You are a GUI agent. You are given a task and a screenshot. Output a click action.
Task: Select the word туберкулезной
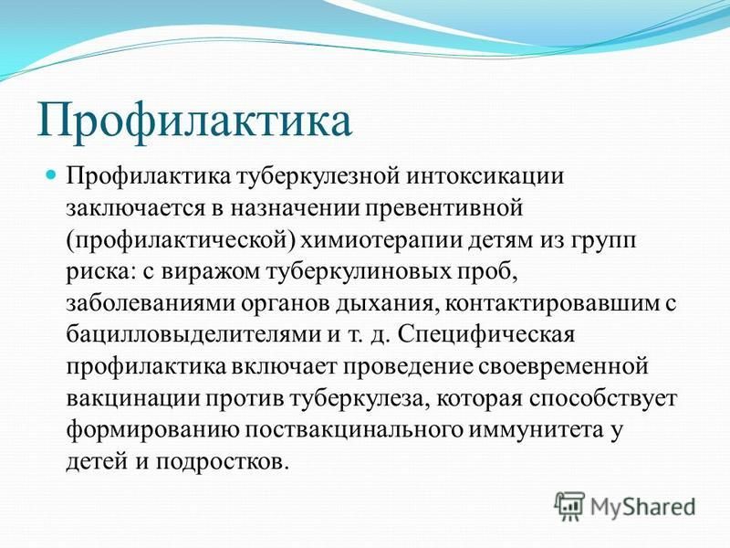coord(318,176)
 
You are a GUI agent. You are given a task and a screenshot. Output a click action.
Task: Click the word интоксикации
coord(485,177)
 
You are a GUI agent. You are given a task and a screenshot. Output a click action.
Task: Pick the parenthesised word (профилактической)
coord(181,241)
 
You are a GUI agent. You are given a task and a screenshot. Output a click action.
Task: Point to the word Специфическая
coord(486,336)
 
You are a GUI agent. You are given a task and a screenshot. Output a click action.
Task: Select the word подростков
coord(219,462)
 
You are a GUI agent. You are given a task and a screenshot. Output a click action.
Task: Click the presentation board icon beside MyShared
coord(569,507)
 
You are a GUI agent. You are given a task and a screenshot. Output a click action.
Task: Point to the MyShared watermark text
coord(642,507)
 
